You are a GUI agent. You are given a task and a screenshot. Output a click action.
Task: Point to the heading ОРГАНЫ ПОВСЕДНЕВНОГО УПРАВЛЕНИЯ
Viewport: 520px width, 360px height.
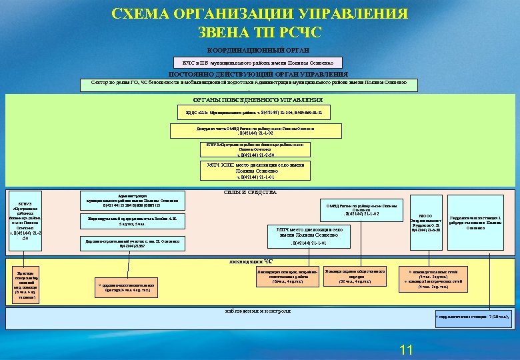tap(258, 100)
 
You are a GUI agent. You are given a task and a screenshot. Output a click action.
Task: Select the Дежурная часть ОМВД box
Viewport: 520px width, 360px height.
tap(256, 130)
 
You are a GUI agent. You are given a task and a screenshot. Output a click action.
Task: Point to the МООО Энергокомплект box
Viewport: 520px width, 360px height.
tap(428, 223)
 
